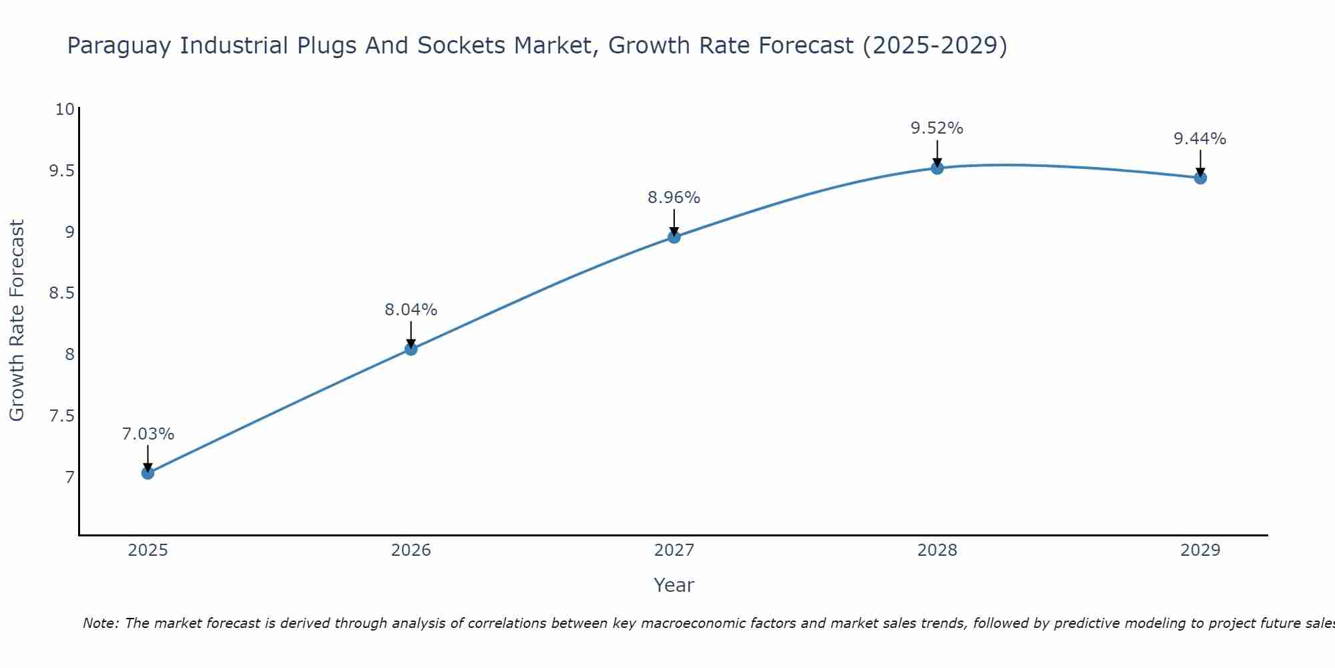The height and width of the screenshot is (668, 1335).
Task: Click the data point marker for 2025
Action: tap(148, 473)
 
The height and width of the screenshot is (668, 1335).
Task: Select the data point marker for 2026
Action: tap(411, 349)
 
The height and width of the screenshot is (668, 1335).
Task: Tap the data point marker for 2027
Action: tap(674, 236)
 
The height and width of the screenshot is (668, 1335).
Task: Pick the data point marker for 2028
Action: tap(937, 168)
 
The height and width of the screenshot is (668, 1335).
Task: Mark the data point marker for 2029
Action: tap(1199, 178)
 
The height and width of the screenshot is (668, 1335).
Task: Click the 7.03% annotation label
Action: tap(148, 434)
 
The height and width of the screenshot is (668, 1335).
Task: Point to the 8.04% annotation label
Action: tap(411, 310)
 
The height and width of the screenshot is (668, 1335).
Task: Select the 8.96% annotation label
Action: tap(674, 198)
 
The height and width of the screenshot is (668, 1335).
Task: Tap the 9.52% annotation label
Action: tap(937, 128)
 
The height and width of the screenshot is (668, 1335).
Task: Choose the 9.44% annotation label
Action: tap(1199, 139)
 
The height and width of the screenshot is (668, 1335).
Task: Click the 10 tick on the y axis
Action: tap(64, 109)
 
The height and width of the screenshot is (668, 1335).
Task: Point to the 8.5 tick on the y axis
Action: tap(61, 293)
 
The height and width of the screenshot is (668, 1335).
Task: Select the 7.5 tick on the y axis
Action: tap(61, 416)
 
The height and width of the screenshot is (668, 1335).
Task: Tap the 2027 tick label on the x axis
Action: tap(674, 550)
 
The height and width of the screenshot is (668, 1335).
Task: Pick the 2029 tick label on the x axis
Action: tap(1199, 550)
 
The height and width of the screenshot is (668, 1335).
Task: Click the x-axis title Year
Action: tap(674, 585)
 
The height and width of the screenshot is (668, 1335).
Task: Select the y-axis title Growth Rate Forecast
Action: tap(17, 321)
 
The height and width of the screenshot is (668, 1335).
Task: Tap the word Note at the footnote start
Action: tap(99, 623)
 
